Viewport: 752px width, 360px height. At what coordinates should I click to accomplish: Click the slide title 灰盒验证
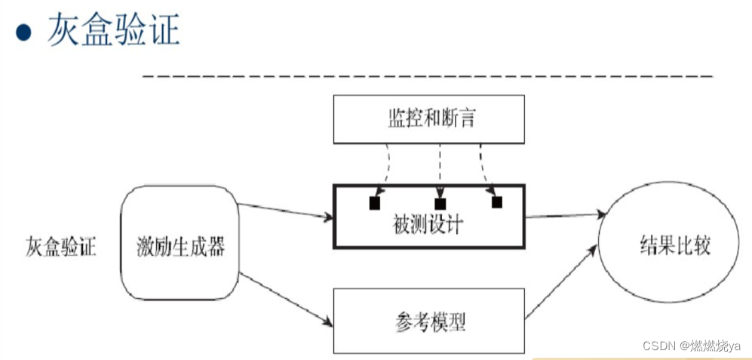113,31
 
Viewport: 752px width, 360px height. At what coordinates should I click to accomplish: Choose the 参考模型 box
428,322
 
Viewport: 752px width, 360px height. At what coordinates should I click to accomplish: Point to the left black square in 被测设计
374,203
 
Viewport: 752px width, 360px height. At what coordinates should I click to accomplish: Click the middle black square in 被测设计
440,203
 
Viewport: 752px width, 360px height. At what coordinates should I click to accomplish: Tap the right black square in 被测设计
496,202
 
